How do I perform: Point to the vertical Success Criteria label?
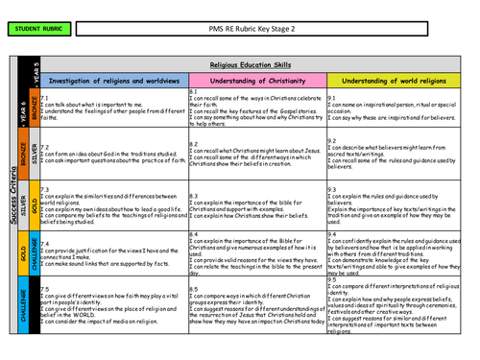coord(12,202)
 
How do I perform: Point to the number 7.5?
coord(46,288)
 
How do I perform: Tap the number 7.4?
coord(46,244)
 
